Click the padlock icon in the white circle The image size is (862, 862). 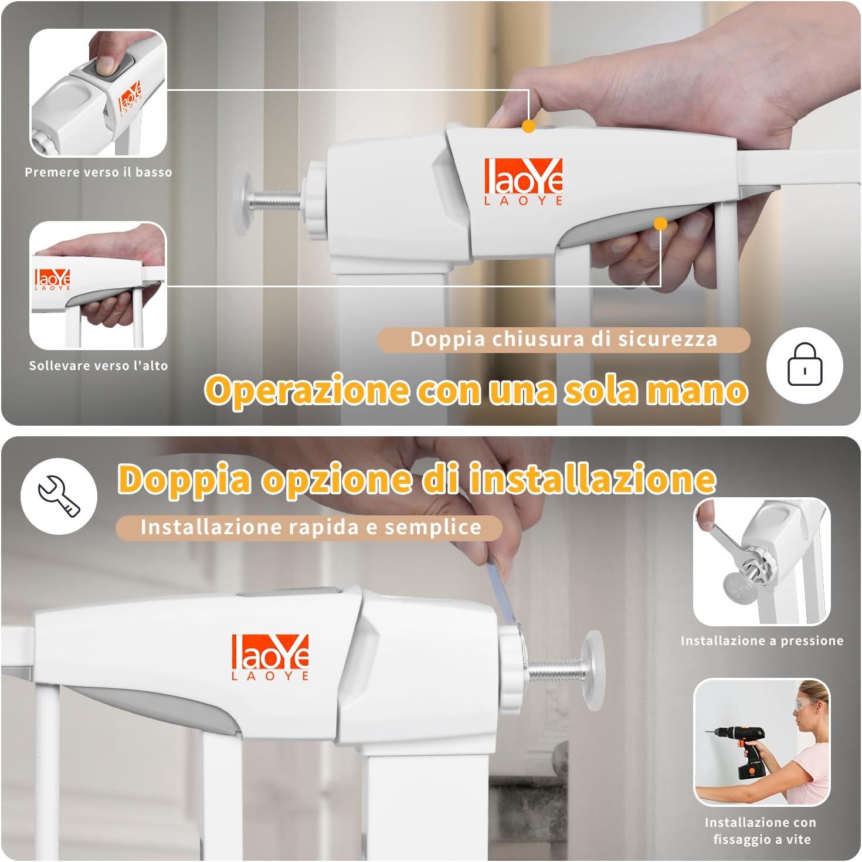(x=805, y=365)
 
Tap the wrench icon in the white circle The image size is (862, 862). (x=59, y=496)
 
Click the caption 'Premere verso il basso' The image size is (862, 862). (x=99, y=172)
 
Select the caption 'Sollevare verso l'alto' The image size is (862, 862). (x=99, y=366)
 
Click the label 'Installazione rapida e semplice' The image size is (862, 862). (x=310, y=527)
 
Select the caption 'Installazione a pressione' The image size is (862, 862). (x=762, y=641)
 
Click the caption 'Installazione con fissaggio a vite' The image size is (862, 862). (x=761, y=831)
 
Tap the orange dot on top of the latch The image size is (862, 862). (x=528, y=126)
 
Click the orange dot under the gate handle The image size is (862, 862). (x=660, y=223)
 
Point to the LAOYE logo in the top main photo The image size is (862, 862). (x=523, y=181)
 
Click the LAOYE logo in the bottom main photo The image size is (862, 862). (x=270, y=657)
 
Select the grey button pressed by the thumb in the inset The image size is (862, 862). (x=106, y=66)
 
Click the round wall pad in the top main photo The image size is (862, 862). (x=241, y=199)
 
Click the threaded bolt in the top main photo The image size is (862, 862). (x=276, y=202)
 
